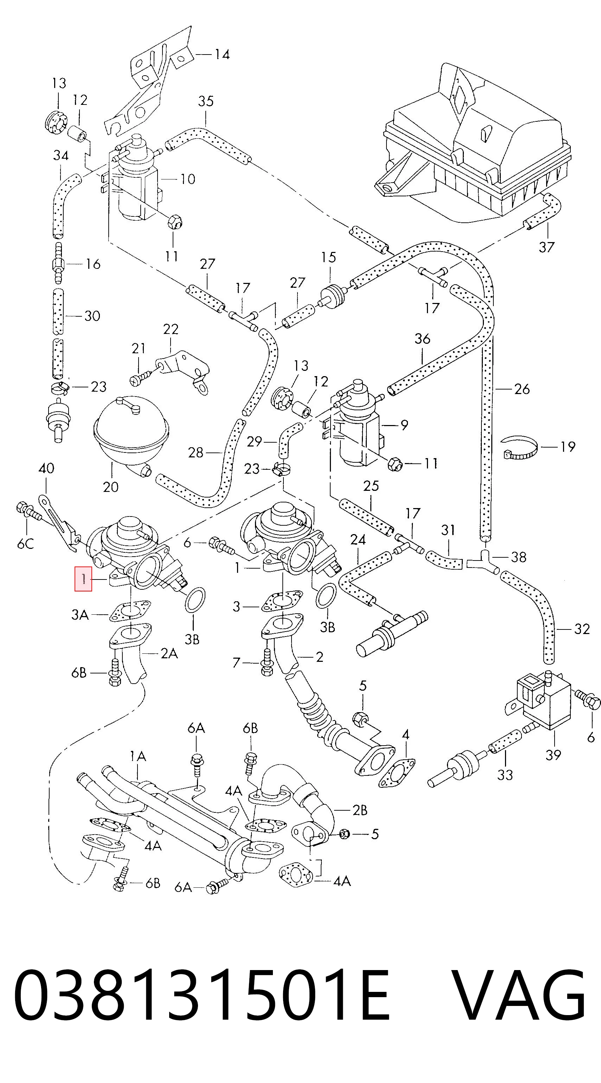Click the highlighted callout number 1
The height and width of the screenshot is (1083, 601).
(83, 579)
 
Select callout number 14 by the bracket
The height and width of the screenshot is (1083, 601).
(222, 54)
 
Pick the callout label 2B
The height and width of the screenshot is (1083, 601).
(359, 810)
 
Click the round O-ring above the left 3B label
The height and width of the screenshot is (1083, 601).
(194, 600)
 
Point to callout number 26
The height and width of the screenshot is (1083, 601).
(522, 389)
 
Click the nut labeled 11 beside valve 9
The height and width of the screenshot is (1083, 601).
(395, 464)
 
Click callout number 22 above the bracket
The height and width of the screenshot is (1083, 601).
(171, 329)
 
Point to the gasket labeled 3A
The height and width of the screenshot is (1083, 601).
(130, 611)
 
